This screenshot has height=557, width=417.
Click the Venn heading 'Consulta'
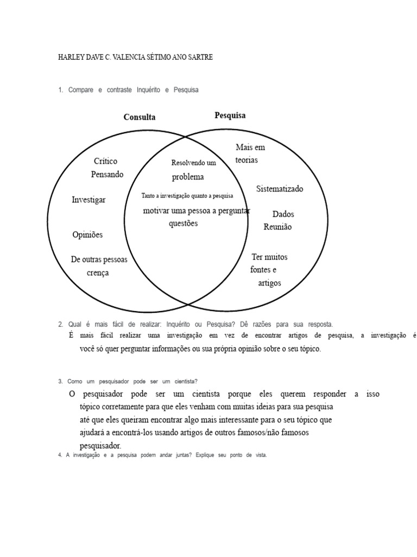coord(140,117)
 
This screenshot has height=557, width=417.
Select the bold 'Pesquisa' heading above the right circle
coord(230,115)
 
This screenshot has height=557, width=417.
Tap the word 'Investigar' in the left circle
coord(89,200)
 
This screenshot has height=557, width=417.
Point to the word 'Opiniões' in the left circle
coord(87,235)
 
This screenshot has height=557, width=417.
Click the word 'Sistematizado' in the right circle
coord(280,189)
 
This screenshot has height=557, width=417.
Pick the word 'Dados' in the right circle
coord(283,214)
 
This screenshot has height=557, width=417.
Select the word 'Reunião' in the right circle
coord(277,227)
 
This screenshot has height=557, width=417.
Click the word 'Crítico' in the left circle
coord(105,161)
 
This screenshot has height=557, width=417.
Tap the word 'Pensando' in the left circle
coord(107,174)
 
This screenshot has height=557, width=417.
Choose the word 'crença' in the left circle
coord(98,273)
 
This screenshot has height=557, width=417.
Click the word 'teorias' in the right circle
coord(247,160)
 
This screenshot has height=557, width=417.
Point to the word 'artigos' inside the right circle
coord(269,283)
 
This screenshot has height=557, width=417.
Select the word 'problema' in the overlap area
coord(188,177)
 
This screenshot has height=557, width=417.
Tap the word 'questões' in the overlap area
coord(183,223)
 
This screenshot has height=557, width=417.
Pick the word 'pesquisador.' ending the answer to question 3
coord(100,445)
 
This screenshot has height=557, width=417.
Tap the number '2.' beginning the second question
coord(60,324)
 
